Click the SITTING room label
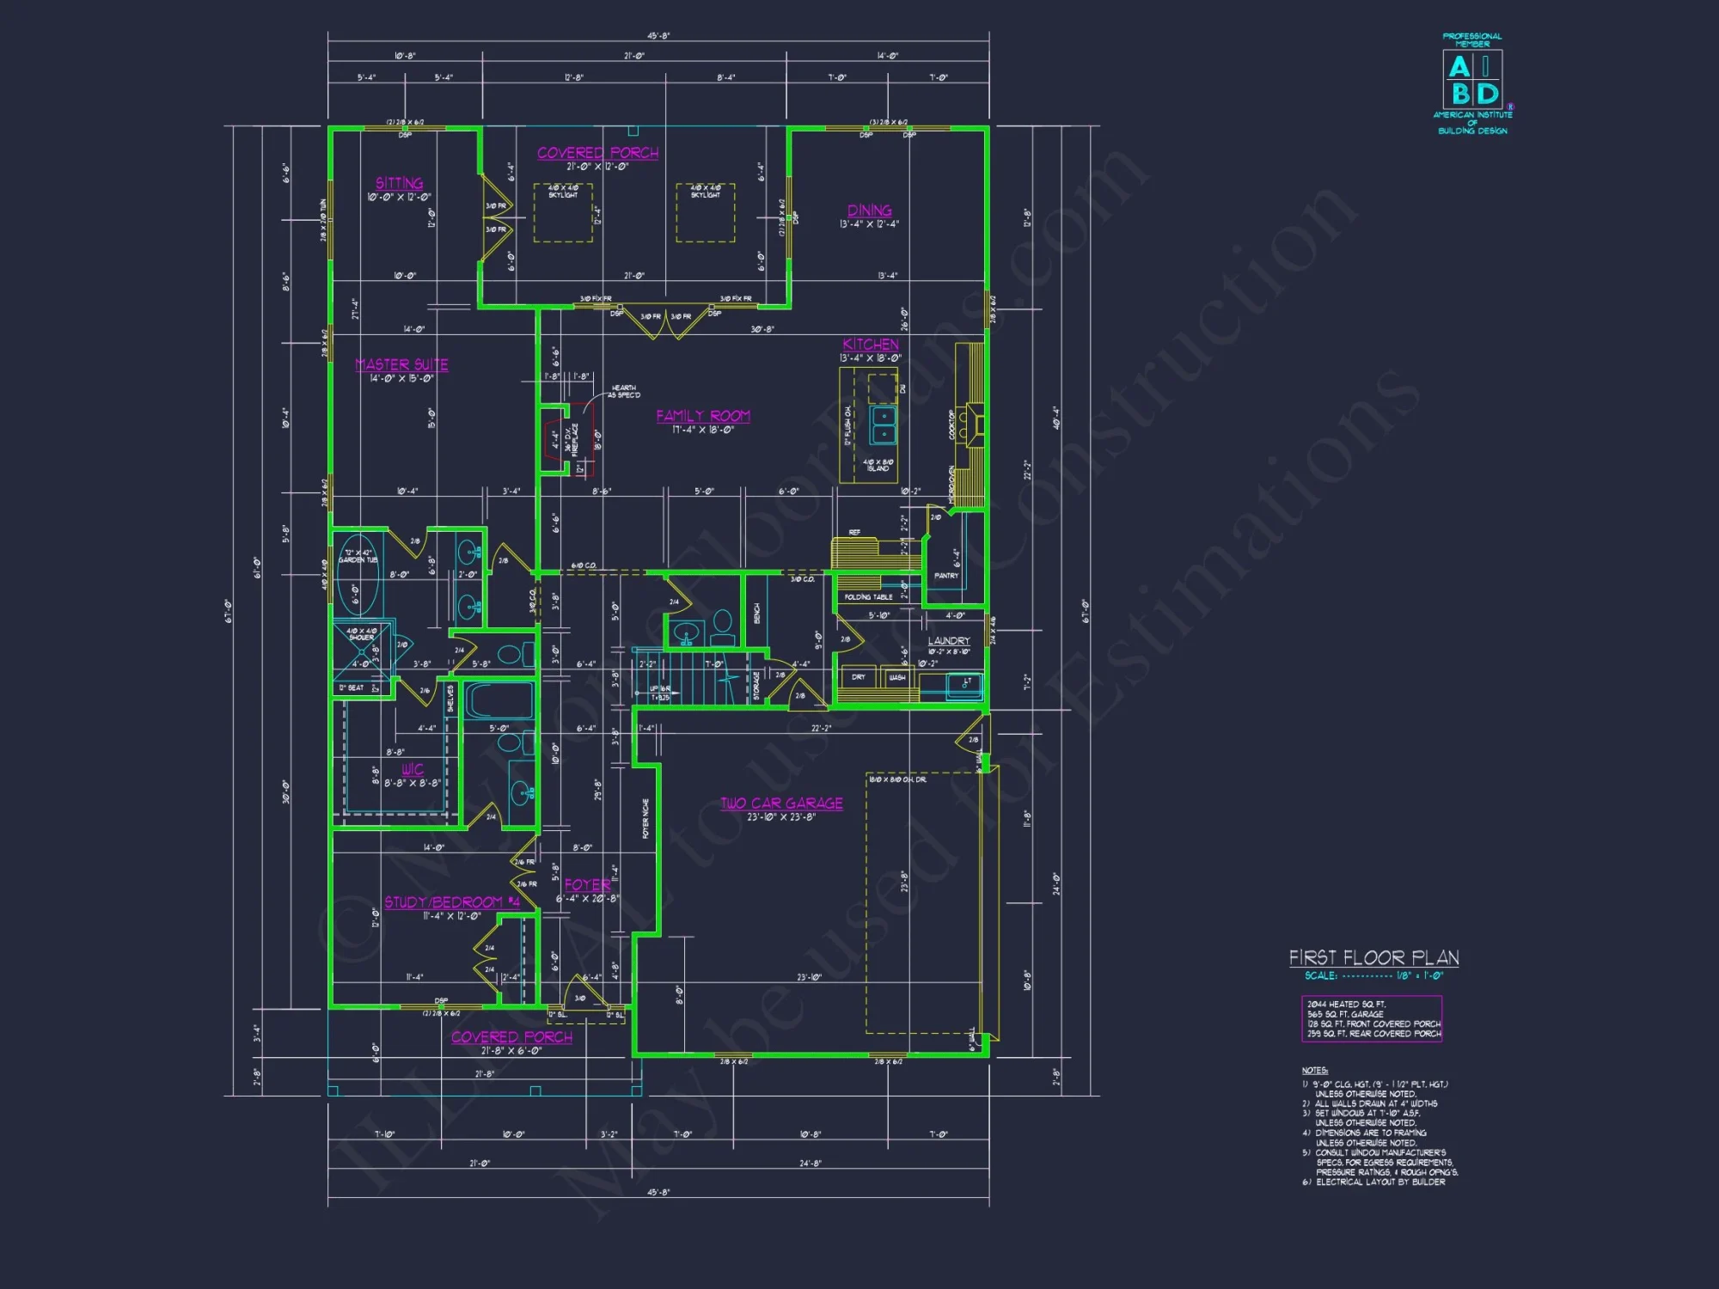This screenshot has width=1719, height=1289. [399, 183]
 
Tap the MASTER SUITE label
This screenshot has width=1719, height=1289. [401, 364]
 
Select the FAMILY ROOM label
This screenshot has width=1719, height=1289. [703, 416]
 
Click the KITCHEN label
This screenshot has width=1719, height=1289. [870, 344]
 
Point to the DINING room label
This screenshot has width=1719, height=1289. [869, 211]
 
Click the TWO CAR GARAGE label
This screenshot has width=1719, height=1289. [781, 803]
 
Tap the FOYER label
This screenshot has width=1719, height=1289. [587, 885]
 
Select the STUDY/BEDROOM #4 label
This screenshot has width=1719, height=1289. [451, 902]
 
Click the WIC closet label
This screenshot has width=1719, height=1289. [413, 769]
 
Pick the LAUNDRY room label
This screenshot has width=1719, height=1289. [948, 641]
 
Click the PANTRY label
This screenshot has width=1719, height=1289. [945, 576]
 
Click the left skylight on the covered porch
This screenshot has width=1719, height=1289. [563, 213]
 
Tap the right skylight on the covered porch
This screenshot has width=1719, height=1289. [705, 213]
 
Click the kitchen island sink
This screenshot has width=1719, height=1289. [883, 424]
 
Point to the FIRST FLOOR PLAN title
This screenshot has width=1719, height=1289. [1373, 958]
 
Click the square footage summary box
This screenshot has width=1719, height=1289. [1372, 1019]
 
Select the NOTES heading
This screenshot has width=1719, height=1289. [1314, 1071]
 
